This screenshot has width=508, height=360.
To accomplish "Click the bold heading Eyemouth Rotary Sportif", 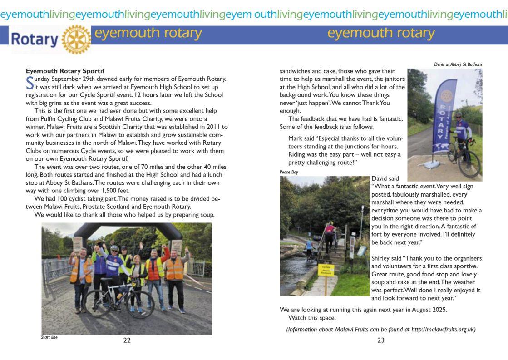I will coord(65,71).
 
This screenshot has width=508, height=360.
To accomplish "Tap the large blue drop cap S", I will coord(30,82).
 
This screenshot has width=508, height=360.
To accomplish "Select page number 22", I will coord(127,340).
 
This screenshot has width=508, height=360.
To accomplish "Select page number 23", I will coord(380,340).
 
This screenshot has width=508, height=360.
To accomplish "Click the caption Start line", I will coord(49,337).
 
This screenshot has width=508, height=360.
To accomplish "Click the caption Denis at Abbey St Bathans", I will coord(458,64).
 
